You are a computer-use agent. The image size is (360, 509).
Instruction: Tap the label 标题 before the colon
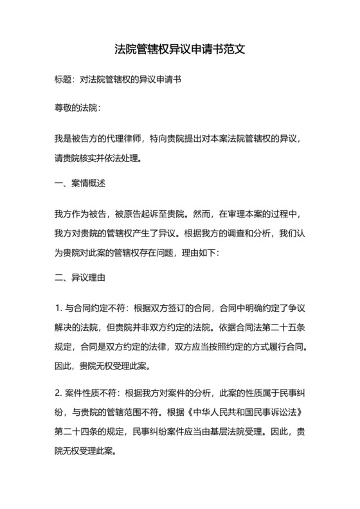pyautogui.click(x=64, y=80)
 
